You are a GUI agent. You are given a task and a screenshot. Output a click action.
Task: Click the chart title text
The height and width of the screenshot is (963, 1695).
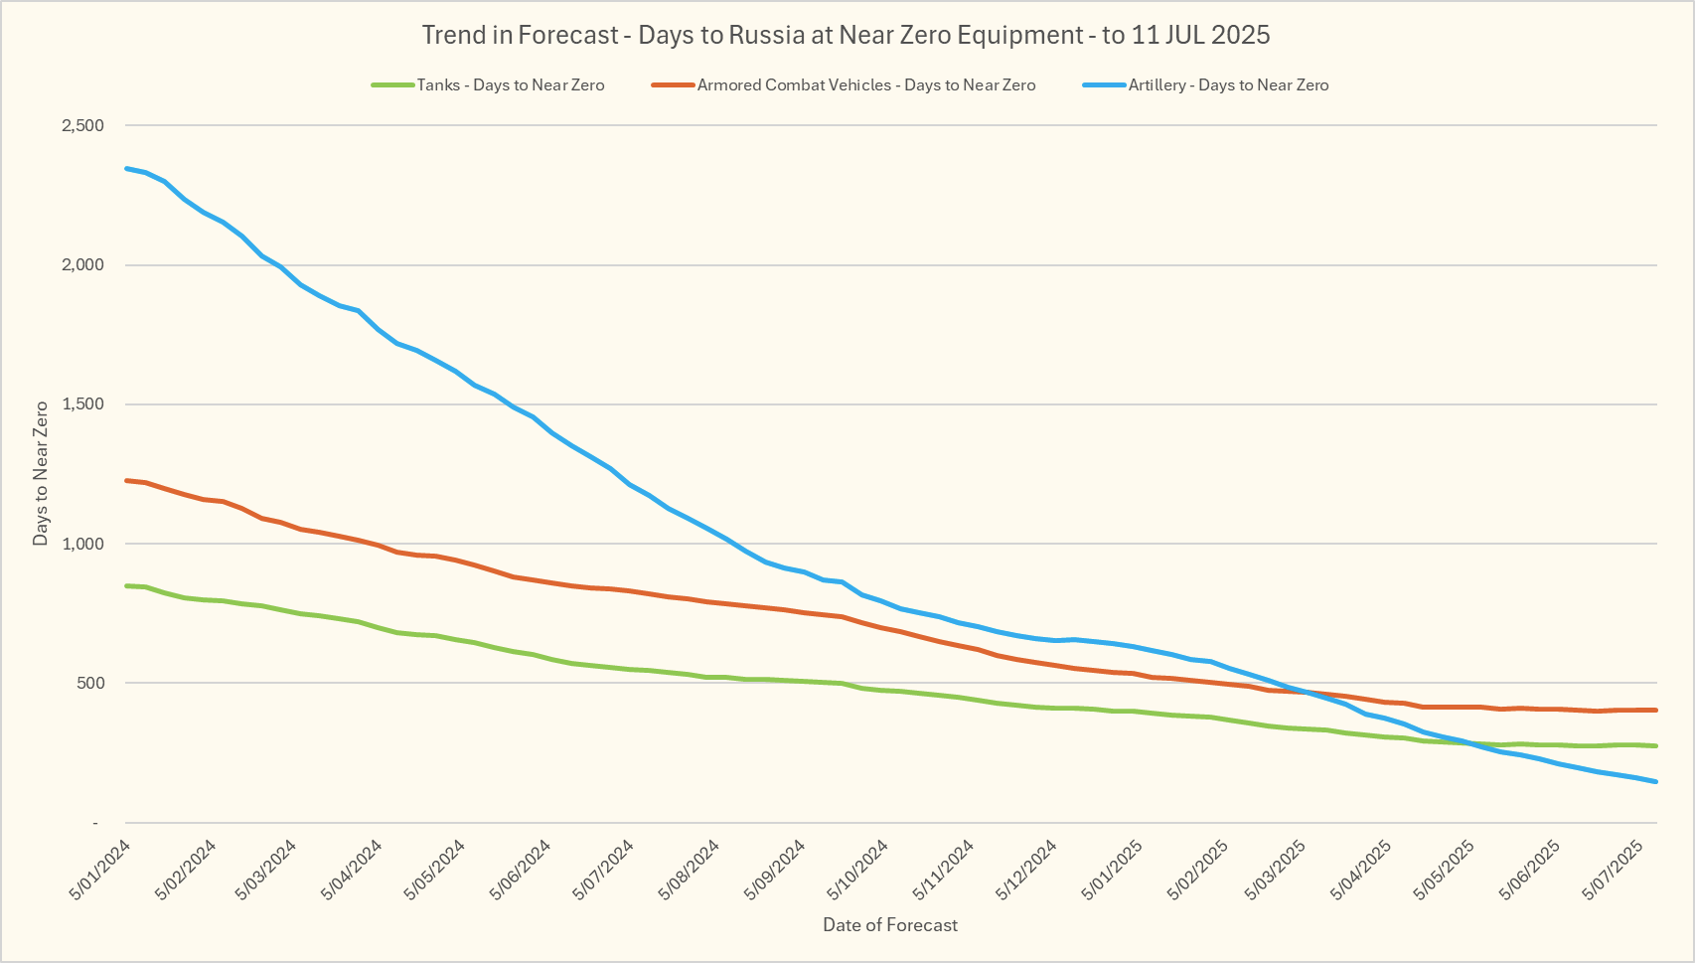tap(846, 35)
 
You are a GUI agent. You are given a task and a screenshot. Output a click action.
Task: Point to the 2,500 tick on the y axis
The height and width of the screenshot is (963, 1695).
tap(82, 126)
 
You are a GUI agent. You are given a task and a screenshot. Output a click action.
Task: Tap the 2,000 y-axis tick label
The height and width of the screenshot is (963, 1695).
tap(82, 265)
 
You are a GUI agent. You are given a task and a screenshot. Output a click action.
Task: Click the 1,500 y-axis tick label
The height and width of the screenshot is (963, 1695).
tap(82, 404)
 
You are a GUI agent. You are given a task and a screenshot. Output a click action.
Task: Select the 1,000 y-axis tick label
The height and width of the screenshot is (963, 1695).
tap(82, 544)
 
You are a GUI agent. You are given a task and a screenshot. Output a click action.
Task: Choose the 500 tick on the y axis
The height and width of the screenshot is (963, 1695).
tap(89, 683)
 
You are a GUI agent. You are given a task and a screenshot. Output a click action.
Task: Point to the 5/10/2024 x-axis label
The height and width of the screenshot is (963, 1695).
tap(858, 870)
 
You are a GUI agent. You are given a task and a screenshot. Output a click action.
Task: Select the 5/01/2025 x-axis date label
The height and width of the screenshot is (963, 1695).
tap(1113, 870)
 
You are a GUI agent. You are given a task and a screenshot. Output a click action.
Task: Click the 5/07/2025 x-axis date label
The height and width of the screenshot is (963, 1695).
tap(1618, 870)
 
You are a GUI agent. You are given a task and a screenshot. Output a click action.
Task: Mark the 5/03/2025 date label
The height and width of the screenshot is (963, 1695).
tap(1276, 870)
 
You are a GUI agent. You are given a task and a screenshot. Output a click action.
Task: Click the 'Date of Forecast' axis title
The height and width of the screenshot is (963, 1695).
tap(890, 925)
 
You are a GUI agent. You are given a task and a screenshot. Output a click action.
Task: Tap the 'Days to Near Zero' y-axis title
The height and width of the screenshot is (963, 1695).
tap(41, 473)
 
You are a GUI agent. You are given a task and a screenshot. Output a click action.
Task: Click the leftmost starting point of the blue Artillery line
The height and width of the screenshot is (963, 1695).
tap(126, 168)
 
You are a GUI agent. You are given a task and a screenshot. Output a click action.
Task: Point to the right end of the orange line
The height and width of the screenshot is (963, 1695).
tap(1656, 710)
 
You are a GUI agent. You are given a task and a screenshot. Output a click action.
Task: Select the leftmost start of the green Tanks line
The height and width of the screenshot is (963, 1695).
tap(126, 586)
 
